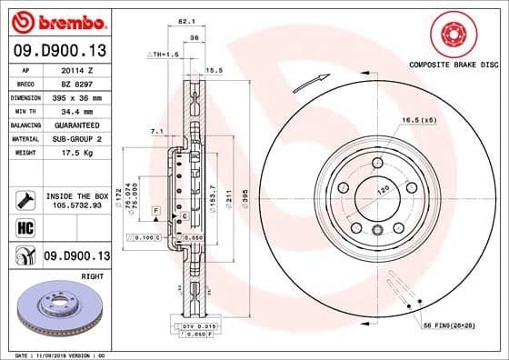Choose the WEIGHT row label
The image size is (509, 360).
click(25, 152)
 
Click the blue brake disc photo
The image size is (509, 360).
click(59, 310)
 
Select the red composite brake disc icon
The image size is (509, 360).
click(451, 35)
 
